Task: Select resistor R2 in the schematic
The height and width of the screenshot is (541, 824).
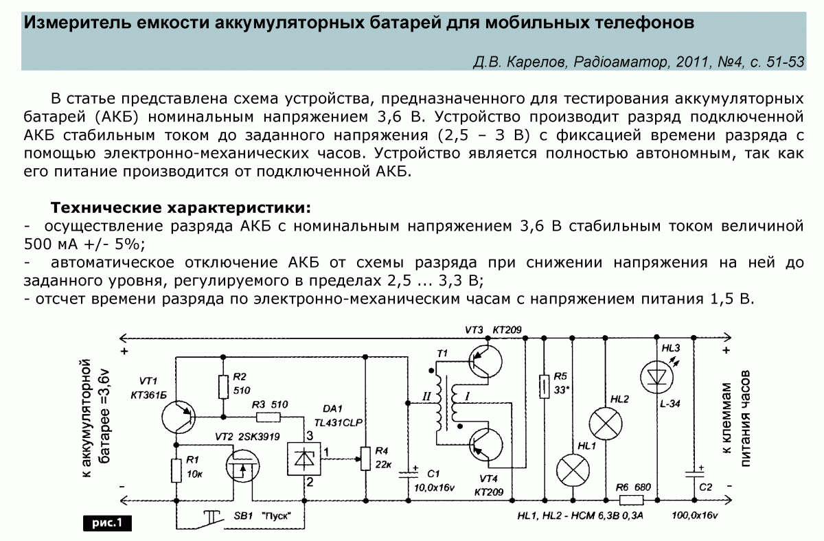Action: (223, 387)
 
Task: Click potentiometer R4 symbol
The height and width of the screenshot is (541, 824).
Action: (365, 458)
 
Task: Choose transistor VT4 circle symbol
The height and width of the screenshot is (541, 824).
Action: (484, 444)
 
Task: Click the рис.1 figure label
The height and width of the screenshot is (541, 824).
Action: (106, 522)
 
